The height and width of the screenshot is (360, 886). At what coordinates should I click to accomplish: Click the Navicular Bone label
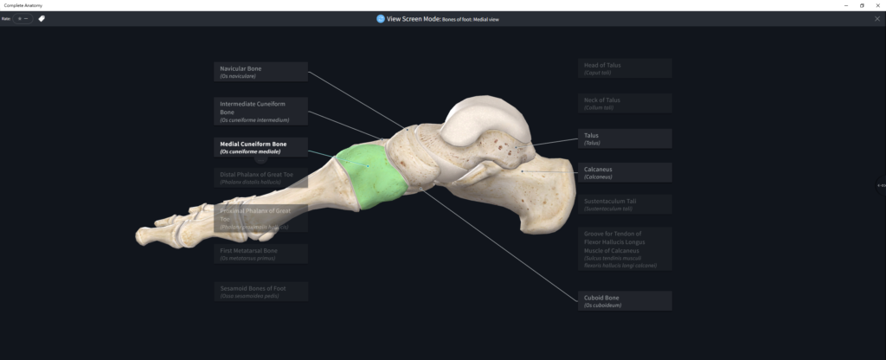(260, 72)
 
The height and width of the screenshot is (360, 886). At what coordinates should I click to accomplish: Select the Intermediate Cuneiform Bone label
(260, 111)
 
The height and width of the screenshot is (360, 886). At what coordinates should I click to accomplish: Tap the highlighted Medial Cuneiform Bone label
(260, 147)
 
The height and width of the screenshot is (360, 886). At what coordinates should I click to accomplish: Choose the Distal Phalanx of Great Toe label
(260, 177)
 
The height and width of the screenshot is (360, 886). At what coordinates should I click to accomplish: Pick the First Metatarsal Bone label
(260, 254)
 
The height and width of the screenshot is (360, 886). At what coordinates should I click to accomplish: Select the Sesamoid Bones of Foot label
(260, 291)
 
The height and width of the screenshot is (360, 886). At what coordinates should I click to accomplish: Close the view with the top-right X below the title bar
(876, 18)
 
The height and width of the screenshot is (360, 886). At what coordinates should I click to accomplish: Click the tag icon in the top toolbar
(42, 18)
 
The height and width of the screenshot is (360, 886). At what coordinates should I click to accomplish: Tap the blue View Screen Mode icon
(381, 18)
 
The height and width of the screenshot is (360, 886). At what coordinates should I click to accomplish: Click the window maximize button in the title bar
(862, 5)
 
